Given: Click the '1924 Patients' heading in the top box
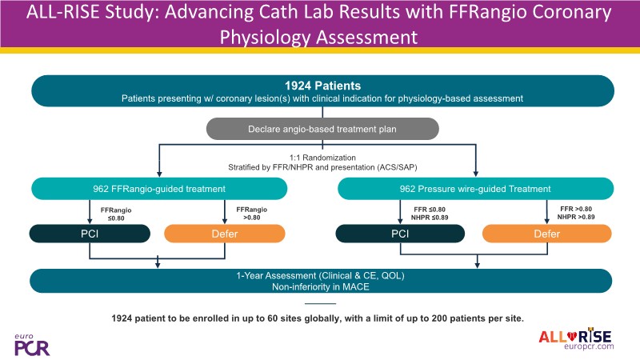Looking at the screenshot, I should tap(319, 85).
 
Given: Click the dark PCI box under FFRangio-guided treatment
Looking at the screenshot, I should tap(90, 234).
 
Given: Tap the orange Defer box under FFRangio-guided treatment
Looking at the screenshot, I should tap(225, 234).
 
